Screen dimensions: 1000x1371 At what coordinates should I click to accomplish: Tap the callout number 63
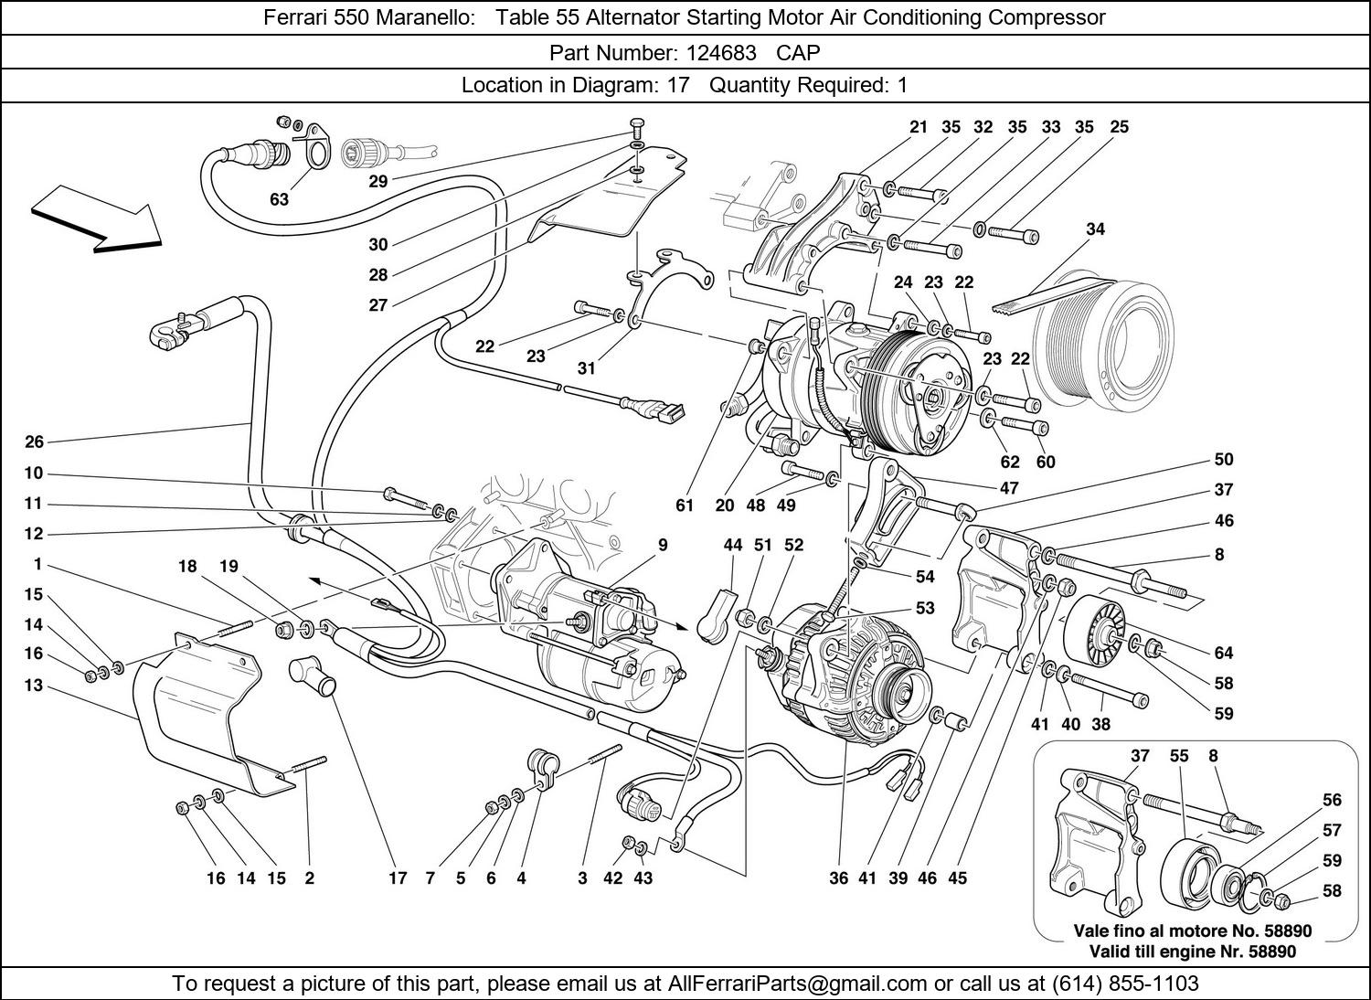278,198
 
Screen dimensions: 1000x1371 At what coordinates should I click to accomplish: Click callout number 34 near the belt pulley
1094,229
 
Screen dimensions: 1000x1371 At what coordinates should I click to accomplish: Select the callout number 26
34,442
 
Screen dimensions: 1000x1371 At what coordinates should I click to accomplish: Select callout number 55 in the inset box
1179,756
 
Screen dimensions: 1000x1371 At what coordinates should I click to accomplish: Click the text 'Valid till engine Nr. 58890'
1192,951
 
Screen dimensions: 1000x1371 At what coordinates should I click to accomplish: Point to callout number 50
1223,460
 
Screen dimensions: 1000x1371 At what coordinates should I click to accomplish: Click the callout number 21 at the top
918,127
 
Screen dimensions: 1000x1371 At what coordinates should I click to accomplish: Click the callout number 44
732,545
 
